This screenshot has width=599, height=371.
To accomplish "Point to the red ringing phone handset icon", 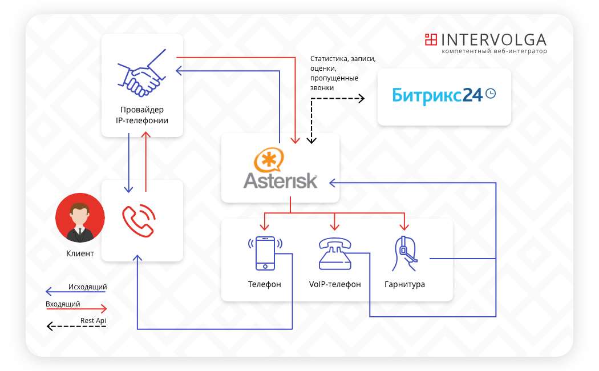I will pos(139,220).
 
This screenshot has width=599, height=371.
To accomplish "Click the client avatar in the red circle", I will pos(80,217).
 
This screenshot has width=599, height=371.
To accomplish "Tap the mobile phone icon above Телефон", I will pos(265,253).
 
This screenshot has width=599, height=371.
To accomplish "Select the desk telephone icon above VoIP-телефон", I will pos(335,253).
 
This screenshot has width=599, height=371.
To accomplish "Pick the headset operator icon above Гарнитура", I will pos(404,253).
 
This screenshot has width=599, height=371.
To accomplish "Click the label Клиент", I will pos(80,253).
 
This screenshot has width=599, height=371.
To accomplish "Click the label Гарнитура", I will pos(404,284).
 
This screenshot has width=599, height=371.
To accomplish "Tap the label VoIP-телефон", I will pos(335,284).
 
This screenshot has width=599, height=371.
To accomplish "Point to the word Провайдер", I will pos(142,110).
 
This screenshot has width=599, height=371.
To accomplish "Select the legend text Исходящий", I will pos(87,287).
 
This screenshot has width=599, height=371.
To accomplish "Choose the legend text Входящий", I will pos(63,304).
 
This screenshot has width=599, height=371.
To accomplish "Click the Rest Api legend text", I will pos(93,321).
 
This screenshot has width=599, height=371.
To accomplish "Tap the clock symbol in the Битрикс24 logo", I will pos(489,94).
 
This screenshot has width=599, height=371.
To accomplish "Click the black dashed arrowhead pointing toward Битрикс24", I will pos(361,98).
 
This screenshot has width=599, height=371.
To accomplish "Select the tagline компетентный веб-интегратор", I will pos(493,51).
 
